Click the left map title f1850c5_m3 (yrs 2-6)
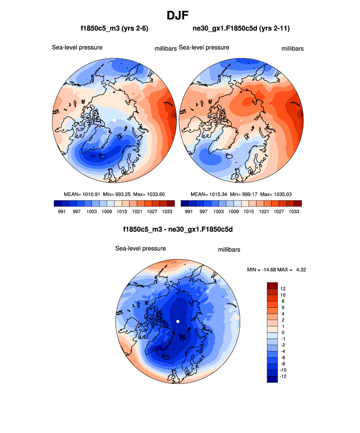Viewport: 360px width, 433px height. tap(114, 29)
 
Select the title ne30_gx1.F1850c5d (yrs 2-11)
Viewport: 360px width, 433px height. tap(241, 29)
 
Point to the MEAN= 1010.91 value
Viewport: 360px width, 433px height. tap(82, 194)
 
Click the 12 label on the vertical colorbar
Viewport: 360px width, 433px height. tap(283, 289)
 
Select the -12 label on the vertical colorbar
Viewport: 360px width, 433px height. tap(283, 377)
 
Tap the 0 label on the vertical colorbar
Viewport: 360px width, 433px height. tap(283, 332)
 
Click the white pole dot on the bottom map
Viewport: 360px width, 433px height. tap(178, 322)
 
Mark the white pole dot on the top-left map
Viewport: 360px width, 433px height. tap(114, 120)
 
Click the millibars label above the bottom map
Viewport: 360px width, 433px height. tap(229, 250)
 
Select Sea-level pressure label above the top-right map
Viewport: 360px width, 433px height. tap(204, 48)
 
